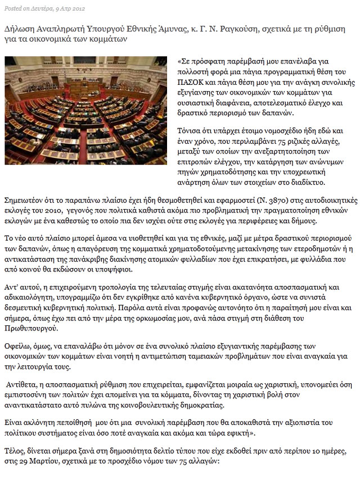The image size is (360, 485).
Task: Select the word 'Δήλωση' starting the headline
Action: pos(19,28)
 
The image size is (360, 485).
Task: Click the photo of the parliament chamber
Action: pos(85,110)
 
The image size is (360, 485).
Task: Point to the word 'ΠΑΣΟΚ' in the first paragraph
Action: pos(190,81)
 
